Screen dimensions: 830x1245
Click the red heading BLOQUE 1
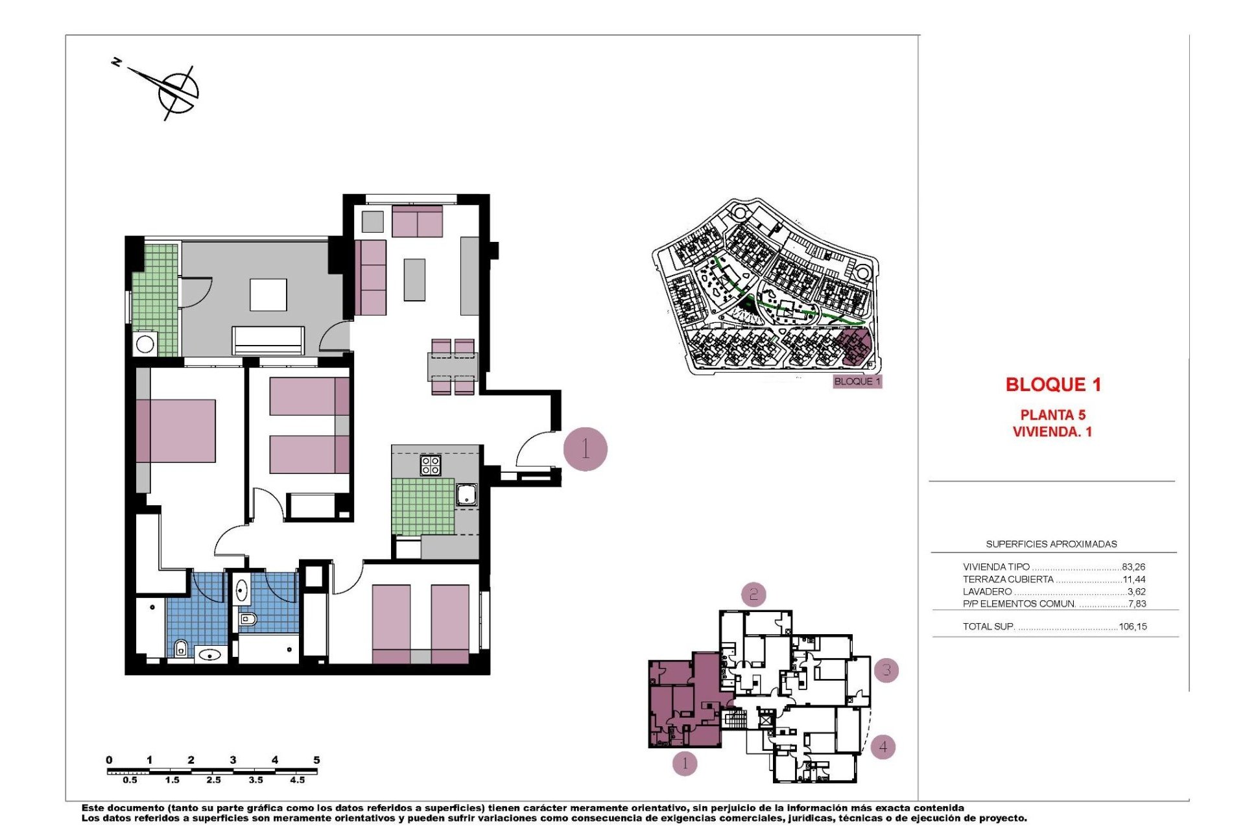(1053, 385)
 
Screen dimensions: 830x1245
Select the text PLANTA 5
(1052, 415)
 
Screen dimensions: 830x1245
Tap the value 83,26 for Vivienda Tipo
(1133, 567)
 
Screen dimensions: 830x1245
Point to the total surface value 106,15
(1132, 626)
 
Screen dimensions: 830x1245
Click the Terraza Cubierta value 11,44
(1133, 579)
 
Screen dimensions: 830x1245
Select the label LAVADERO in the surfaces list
(987, 591)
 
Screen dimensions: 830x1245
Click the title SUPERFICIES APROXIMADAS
(1051, 544)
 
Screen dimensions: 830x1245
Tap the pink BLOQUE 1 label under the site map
(857, 381)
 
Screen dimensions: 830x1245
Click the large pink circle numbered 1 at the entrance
(585, 449)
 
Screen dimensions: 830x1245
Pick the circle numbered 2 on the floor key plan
(753, 594)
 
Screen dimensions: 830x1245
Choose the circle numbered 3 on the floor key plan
(886, 670)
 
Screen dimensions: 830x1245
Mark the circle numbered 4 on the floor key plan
(883, 747)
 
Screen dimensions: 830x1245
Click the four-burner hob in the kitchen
(431, 465)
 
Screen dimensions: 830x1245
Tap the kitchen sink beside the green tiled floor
(466, 495)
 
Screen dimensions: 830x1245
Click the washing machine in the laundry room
(145, 344)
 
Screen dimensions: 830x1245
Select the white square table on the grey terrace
(268, 295)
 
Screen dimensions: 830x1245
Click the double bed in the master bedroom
(176, 431)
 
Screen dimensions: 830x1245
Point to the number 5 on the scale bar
(316, 760)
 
